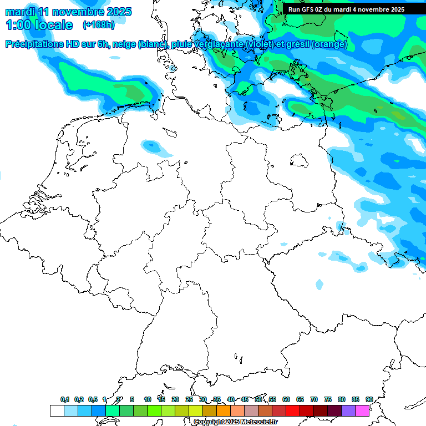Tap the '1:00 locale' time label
tap(39, 25)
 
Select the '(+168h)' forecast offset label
tap(99, 25)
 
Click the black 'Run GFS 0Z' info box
tap(346, 9)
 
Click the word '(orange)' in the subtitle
tap(329, 44)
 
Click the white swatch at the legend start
tap(57, 410)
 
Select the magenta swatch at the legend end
tap(362, 410)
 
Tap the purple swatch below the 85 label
tap(348, 410)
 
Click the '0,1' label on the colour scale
tap(65, 399)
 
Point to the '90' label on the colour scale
tap(369, 399)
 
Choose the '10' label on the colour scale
tap(148, 399)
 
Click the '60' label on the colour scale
tap(286, 399)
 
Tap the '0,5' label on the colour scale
tap(93, 399)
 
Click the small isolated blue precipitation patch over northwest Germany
tap(151, 146)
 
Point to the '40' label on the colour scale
tap(231, 399)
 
